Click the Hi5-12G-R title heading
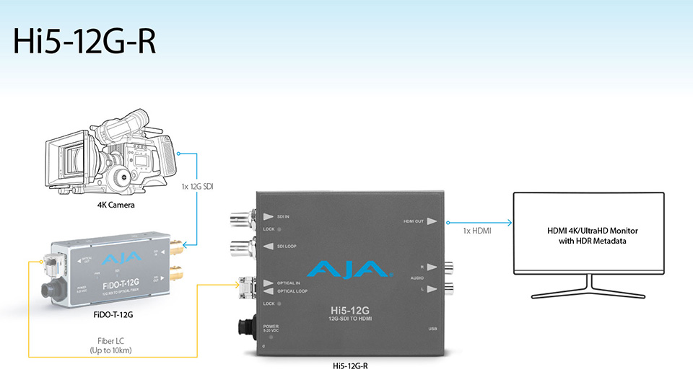(x=85, y=42)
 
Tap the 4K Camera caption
(x=116, y=205)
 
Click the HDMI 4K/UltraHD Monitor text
(x=588, y=236)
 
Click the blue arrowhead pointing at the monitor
(x=509, y=223)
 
